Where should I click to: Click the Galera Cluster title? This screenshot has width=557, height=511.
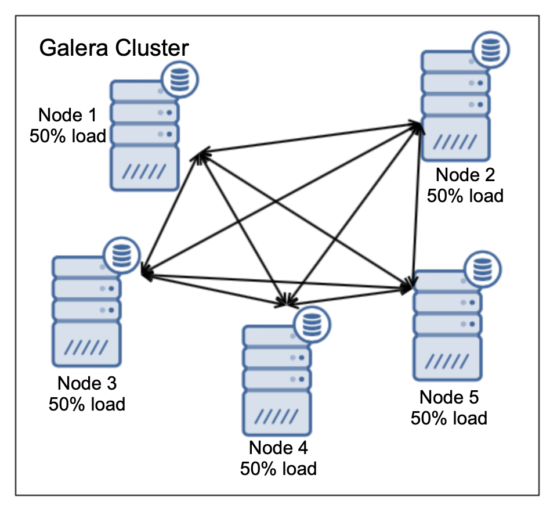[114, 48]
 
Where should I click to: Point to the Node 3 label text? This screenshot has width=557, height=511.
[87, 383]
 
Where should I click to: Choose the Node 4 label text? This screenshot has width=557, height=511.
[278, 448]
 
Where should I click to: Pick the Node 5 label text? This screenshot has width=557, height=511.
[449, 397]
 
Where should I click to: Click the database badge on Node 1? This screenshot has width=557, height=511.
[180, 80]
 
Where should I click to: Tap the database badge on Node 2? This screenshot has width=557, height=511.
[491, 49]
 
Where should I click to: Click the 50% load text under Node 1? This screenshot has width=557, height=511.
[68, 136]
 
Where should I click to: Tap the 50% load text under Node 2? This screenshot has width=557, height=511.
[465, 195]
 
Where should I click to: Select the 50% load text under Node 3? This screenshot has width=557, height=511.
[87, 404]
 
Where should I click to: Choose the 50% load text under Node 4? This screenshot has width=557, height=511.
[278, 468]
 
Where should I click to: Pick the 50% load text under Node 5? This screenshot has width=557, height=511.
[449, 418]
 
